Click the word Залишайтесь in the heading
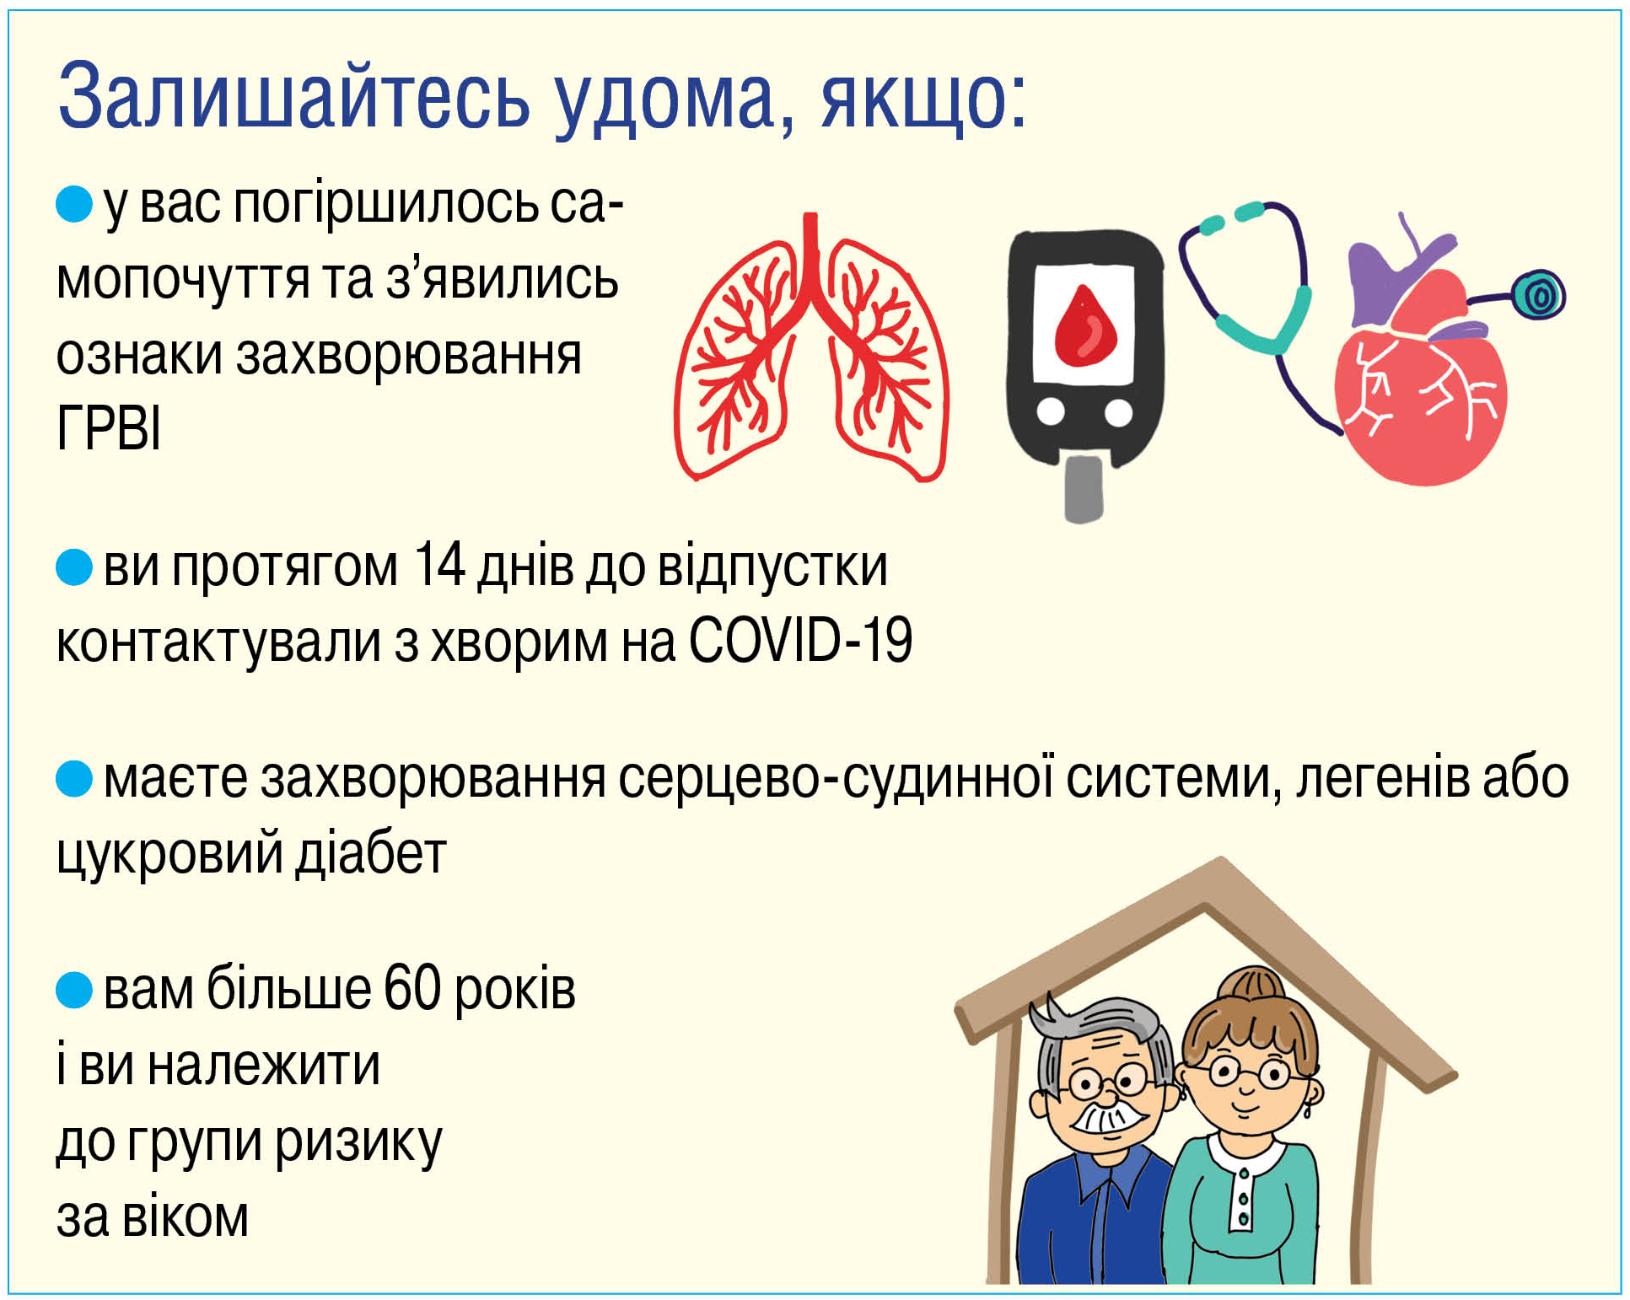(294, 96)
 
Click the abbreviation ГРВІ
(109, 428)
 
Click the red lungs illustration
(811, 347)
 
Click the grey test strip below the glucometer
(1084, 490)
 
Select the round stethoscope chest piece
(1539, 295)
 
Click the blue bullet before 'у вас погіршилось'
(74, 205)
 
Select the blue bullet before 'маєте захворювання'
(74, 778)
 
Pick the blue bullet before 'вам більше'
(74, 990)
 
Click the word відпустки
(772, 567)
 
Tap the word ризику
(358, 1142)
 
